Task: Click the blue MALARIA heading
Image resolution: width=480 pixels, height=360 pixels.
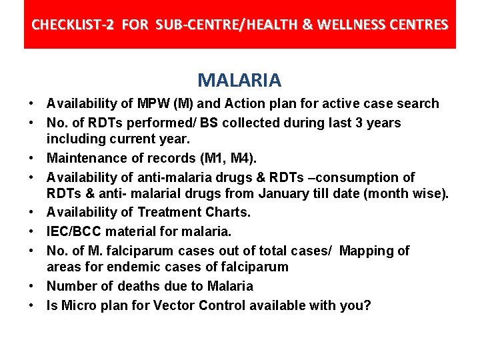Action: point(239,81)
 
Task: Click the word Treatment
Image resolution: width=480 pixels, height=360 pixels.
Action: point(170,213)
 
